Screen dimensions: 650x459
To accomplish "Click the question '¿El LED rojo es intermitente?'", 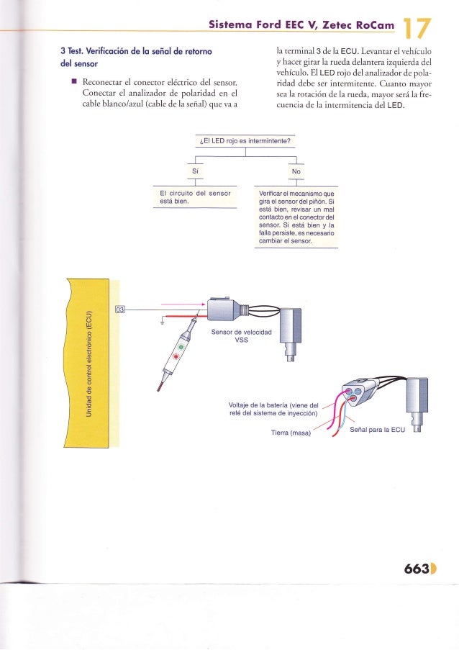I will (245, 140).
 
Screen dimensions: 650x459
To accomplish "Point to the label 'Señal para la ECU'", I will (378, 430).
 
